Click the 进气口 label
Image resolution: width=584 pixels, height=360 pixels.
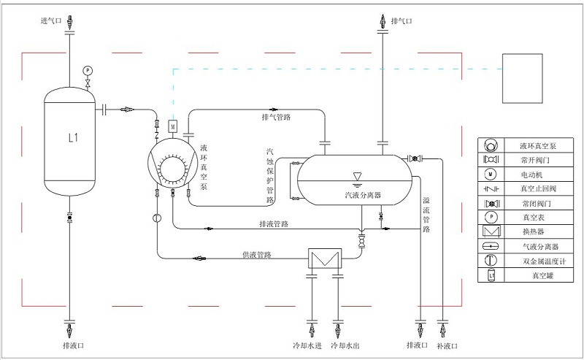point(51,21)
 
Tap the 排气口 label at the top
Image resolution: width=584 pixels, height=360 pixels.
point(401,21)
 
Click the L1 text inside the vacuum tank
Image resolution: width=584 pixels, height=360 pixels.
point(72,137)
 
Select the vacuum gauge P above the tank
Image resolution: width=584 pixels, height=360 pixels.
point(88,69)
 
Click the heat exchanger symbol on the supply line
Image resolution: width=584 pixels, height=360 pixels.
point(323,258)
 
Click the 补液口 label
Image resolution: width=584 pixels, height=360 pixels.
point(446,345)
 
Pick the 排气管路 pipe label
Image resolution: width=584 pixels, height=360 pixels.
point(276,117)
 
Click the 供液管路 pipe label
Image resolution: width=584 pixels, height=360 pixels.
point(257,255)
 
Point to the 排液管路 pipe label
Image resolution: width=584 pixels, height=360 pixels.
point(273,223)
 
